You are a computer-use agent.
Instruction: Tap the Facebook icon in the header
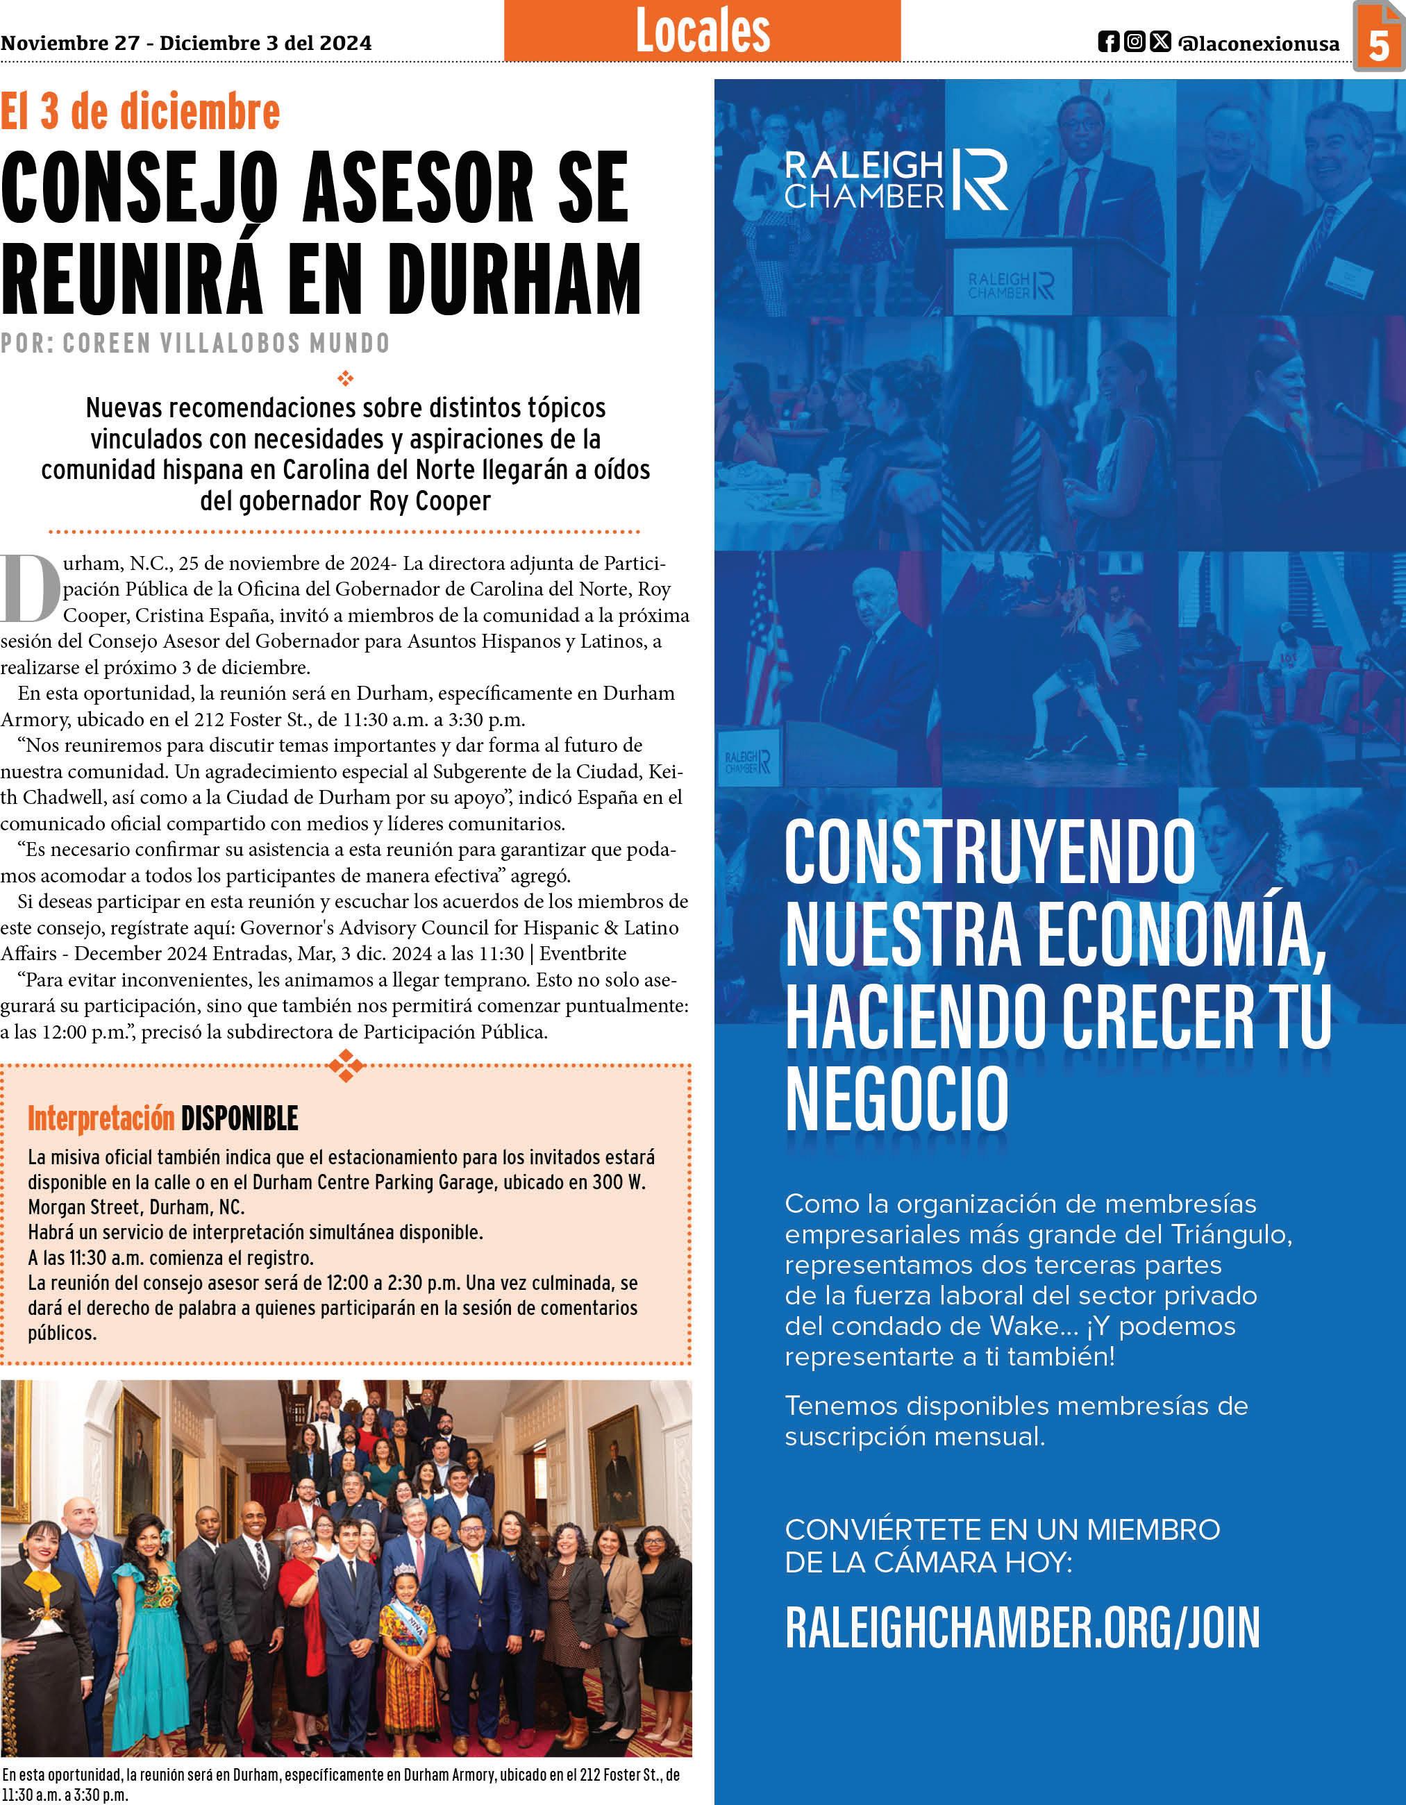click(x=1108, y=42)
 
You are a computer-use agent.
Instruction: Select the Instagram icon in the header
click(x=1135, y=42)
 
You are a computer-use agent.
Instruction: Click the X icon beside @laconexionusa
click(x=1160, y=42)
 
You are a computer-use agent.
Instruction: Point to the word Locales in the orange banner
click(x=703, y=31)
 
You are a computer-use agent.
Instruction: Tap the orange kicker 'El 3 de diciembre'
click(x=140, y=112)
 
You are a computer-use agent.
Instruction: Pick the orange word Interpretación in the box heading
click(x=101, y=1119)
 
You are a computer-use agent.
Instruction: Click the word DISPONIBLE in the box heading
click(x=240, y=1119)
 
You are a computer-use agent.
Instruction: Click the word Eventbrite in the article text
click(x=583, y=954)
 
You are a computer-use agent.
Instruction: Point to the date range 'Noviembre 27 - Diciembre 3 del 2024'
click(x=186, y=43)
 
